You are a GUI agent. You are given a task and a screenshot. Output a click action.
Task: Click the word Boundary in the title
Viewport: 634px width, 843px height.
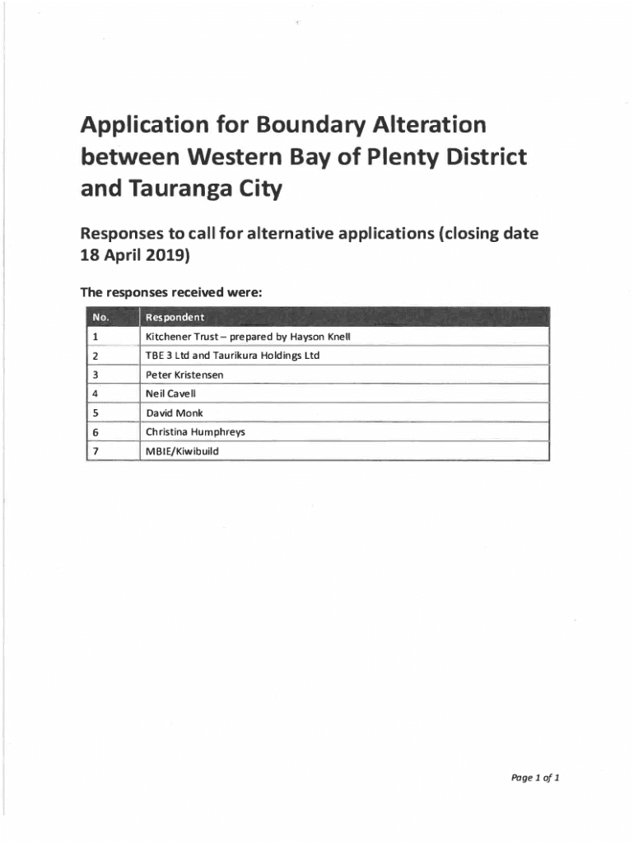(298, 125)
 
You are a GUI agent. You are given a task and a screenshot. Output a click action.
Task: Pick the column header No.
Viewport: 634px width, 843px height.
(101, 317)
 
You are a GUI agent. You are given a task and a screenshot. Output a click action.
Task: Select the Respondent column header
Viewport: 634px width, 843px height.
(175, 317)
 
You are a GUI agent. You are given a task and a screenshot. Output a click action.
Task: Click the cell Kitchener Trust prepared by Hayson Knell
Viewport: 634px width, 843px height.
(248, 337)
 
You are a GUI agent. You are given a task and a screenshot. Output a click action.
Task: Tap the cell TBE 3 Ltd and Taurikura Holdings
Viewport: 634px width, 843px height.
(232, 356)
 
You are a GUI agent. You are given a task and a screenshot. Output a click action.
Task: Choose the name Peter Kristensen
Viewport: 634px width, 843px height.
(184, 375)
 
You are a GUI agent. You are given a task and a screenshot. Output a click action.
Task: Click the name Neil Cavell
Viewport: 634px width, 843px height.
(170, 394)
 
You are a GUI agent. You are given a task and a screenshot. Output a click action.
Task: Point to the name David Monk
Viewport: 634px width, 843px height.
(174, 412)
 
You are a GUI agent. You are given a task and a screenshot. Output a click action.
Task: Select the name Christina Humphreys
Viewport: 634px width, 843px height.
(195, 431)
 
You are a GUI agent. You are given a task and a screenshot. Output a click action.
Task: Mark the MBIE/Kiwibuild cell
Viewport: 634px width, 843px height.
(182, 451)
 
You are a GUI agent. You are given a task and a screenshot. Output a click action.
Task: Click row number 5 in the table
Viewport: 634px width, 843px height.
(96, 412)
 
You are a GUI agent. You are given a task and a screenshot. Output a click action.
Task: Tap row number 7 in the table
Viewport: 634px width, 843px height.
(96, 451)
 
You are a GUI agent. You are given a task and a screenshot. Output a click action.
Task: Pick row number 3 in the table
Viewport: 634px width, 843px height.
(96, 375)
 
